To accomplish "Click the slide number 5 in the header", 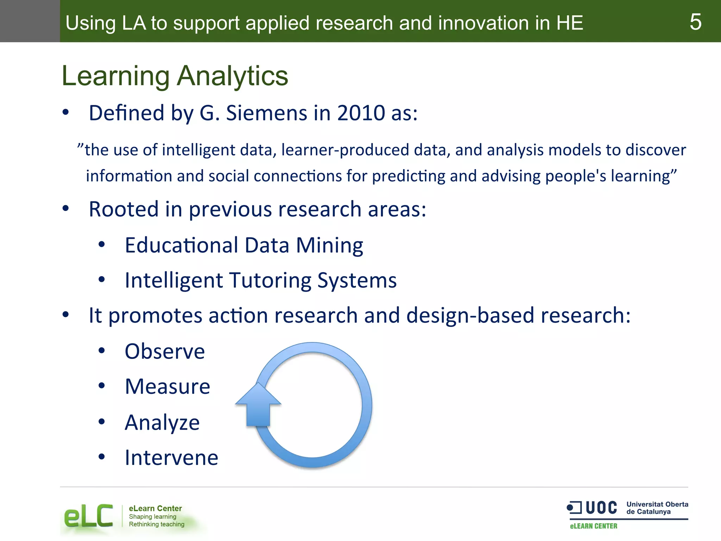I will click(x=695, y=22).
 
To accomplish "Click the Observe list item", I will click(x=165, y=352).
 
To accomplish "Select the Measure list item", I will click(x=168, y=387).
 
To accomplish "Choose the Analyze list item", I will click(x=162, y=422).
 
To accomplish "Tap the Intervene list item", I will click(x=171, y=458).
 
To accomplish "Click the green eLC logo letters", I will click(x=88, y=516).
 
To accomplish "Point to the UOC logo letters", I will click(x=601, y=508).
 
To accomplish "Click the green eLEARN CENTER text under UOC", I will click(x=594, y=526).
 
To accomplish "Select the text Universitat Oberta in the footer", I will click(x=657, y=504).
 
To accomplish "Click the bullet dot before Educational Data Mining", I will click(x=102, y=244).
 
